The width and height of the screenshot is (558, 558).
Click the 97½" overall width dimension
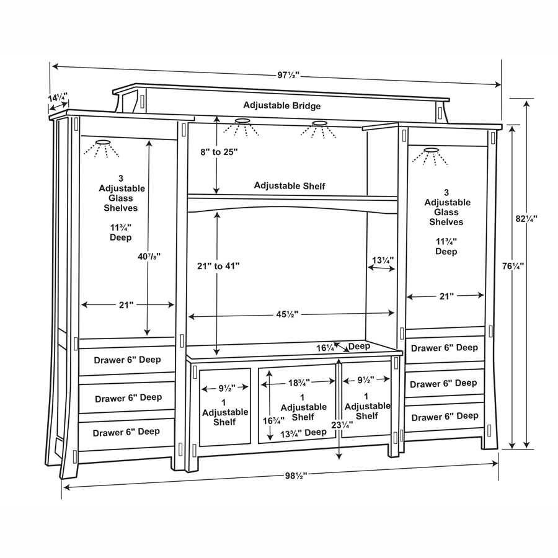[288, 74]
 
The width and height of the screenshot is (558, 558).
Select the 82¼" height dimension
[526, 218]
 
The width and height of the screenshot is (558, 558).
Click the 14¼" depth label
[58, 97]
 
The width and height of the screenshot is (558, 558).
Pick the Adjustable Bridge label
[281, 105]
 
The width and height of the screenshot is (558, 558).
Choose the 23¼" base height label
[342, 425]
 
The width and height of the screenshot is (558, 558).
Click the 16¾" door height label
[268, 420]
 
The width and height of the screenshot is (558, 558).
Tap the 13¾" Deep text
[303, 432]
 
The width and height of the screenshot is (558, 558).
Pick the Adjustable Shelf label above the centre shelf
[290, 185]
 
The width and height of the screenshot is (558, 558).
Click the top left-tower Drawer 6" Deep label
[128, 359]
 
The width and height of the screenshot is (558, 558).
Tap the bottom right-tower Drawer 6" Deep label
[445, 417]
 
